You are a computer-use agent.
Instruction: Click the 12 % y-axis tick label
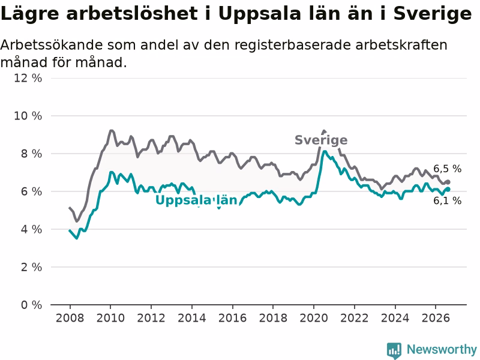coord(28,78)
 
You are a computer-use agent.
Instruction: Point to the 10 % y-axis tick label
coord(28,116)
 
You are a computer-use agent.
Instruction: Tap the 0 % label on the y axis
coord(32,305)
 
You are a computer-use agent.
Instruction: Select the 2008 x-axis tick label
coord(70,318)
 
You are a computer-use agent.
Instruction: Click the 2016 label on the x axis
coord(232,318)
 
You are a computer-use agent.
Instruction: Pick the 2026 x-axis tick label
coord(436,318)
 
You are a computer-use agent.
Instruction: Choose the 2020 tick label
coord(314,318)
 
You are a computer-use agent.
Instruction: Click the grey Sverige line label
coord(321,140)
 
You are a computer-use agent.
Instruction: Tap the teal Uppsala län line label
coord(196,200)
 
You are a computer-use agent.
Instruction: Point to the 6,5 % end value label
coord(447,169)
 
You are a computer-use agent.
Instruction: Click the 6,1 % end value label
coord(447,201)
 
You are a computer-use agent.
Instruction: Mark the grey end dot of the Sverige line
coord(448,182)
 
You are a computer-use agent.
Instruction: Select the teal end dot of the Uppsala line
coord(448,190)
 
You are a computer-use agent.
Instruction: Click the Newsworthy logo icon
coord(394,350)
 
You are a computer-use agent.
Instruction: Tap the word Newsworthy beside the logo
coord(442,349)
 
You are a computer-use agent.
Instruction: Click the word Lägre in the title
coord(29,14)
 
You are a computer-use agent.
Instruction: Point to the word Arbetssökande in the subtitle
coord(52,45)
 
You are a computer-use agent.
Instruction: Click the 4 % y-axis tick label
coord(32,229)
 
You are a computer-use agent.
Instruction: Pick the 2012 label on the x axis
coord(151,318)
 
